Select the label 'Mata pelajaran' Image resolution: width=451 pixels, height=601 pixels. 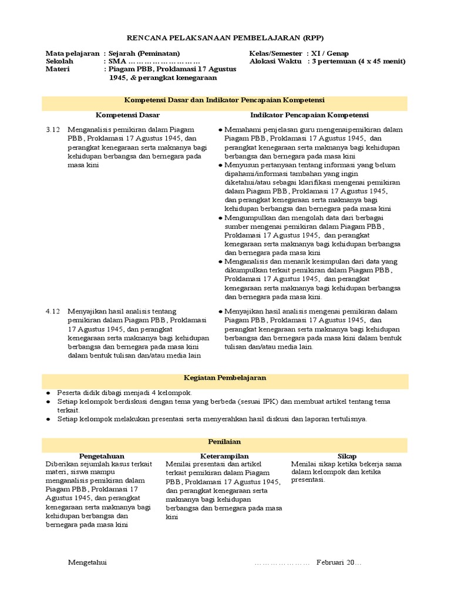point(72,53)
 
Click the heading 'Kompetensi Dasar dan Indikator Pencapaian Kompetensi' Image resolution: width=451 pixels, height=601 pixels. point(225,100)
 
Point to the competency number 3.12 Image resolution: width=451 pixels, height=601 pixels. point(53,129)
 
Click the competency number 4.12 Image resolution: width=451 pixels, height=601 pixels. point(53,312)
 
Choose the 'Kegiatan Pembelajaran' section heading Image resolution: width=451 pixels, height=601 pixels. point(225,378)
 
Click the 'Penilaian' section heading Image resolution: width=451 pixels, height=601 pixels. point(225,441)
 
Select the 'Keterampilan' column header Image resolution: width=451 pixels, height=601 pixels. point(225,455)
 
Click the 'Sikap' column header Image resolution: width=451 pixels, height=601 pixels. point(347,455)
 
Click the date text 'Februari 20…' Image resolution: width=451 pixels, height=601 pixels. point(339,563)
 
